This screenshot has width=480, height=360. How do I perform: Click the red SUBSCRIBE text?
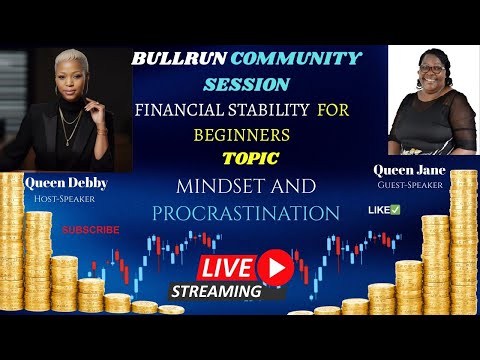90,229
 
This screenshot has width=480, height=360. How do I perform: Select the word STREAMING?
216,292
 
